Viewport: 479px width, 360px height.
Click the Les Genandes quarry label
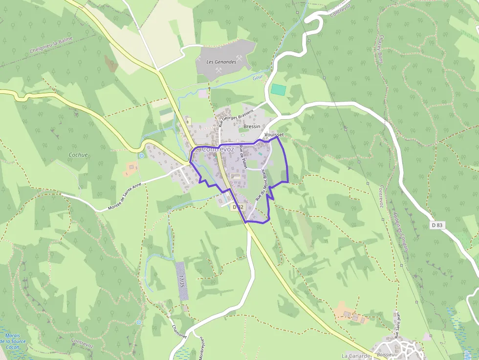tap(221, 62)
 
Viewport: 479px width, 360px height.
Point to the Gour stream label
tap(258, 77)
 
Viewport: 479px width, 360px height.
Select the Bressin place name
tap(252, 126)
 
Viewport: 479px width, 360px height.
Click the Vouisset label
tap(273, 134)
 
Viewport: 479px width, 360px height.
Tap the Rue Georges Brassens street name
tap(236, 119)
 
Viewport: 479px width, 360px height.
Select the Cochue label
tap(78, 155)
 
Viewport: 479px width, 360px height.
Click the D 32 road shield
tap(238, 207)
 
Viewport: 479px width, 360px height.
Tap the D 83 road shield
tap(437, 225)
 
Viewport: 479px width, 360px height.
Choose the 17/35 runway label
tap(182, 281)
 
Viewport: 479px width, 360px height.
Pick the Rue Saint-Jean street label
tap(397, 325)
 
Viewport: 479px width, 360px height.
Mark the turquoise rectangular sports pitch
tap(278, 89)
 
